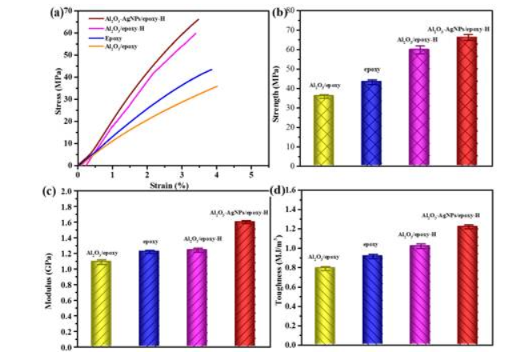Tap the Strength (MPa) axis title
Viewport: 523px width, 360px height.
click(x=277, y=88)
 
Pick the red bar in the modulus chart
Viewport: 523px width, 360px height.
click(x=245, y=283)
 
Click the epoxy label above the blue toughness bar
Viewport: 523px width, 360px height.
click(x=370, y=245)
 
